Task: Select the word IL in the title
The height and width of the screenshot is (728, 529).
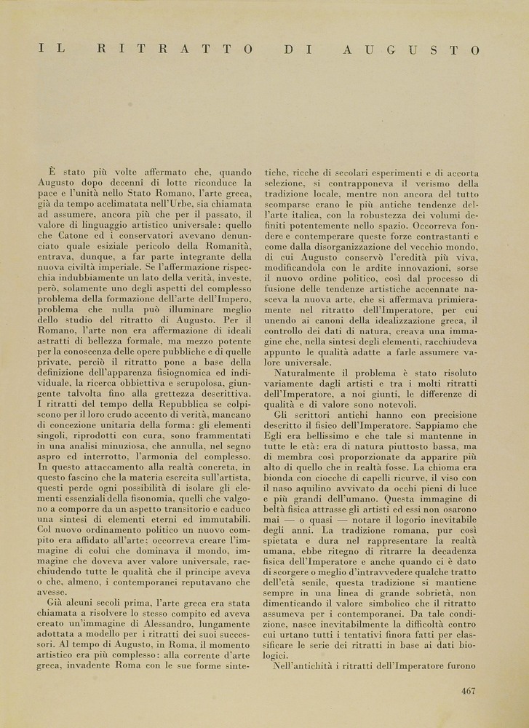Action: click(x=51, y=50)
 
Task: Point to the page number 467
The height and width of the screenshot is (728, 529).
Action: click(x=469, y=691)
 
